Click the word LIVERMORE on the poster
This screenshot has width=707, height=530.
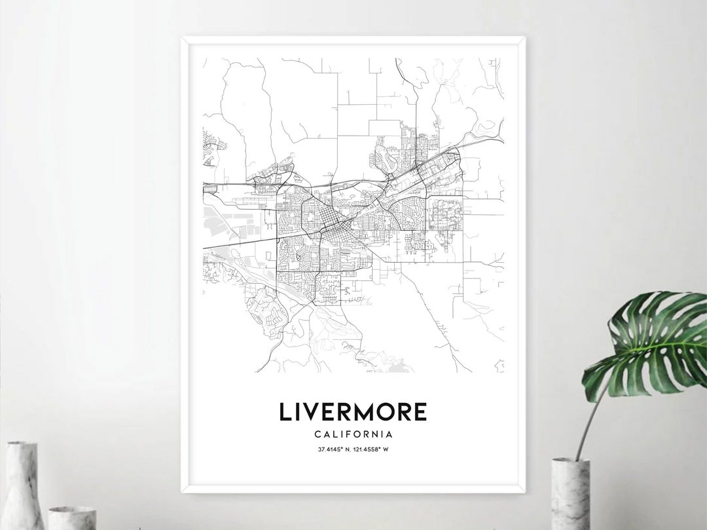(353, 411)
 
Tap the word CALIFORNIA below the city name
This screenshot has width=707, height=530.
(353, 434)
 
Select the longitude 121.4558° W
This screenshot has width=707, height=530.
(374, 449)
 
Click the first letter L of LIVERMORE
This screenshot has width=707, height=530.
(285, 411)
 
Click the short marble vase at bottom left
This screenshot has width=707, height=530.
(71, 518)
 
